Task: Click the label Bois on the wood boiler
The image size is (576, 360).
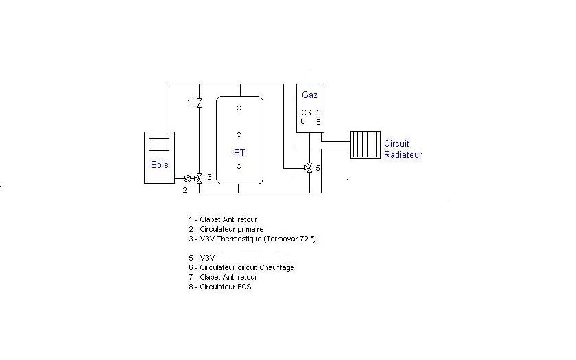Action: [x=159, y=165]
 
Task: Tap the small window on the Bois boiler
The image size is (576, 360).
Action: [x=159, y=143]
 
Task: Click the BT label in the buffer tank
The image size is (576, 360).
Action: [x=239, y=154]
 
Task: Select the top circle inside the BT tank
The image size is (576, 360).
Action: [x=239, y=108]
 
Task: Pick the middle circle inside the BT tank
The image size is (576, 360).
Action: [x=239, y=134]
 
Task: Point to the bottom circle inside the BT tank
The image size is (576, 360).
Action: [x=239, y=166]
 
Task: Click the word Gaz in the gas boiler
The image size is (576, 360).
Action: [x=310, y=94]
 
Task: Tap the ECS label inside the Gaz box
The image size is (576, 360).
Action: [x=304, y=112]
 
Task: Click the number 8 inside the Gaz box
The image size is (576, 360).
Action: [x=302, y=121]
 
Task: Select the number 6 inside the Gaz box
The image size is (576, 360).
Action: [x=318, y=121]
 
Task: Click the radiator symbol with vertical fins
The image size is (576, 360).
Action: [x=365, y=145]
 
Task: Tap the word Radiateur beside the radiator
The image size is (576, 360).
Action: [x=403, y=154]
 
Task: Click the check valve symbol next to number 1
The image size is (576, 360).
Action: [x=199, y=103]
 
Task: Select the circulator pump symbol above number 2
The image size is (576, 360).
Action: [x=187, y=179]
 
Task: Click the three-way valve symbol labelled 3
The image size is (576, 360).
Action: [x=199, y=178]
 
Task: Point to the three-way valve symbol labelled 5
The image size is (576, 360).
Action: [x=309, y=167]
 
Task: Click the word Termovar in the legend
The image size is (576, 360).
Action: [x=279, y=239]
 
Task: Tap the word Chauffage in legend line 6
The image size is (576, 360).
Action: [x=276, y=267]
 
